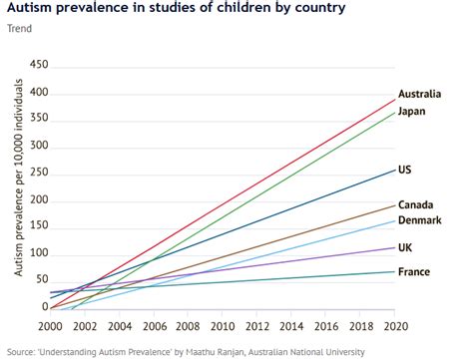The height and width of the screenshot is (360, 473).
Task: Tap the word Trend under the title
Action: (x=18, y=28)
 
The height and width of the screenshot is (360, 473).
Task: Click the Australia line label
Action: (x=419, y=94)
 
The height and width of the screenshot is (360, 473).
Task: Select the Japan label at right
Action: (x=413, y=111)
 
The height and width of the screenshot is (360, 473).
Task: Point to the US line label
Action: (x=405, y=170)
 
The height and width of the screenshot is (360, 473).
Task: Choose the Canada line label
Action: (x=415, y=204)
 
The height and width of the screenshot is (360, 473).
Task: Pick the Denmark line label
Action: (x=419, y=220)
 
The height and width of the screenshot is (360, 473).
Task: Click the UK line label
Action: (x=405, y=246)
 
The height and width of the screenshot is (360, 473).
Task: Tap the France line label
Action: (x=413, y=271)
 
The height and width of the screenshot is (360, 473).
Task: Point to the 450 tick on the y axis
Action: (x=39, y=66)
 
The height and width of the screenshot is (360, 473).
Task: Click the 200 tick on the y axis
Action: (x=39, y=200)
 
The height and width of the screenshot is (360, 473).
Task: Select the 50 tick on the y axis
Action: (x=42, y=281)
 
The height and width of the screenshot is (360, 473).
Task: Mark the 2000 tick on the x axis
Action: (x=50, y=325)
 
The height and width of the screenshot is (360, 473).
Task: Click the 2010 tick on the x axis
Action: (x=222, y=325)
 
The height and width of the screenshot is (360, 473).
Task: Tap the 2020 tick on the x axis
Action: (x=394, y=325)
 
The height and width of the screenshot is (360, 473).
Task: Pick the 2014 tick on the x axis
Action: (x=290, y=325)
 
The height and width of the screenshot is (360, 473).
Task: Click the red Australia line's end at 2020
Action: (x=393, y=98)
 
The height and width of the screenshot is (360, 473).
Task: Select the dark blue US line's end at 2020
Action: (x=393, y=169)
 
